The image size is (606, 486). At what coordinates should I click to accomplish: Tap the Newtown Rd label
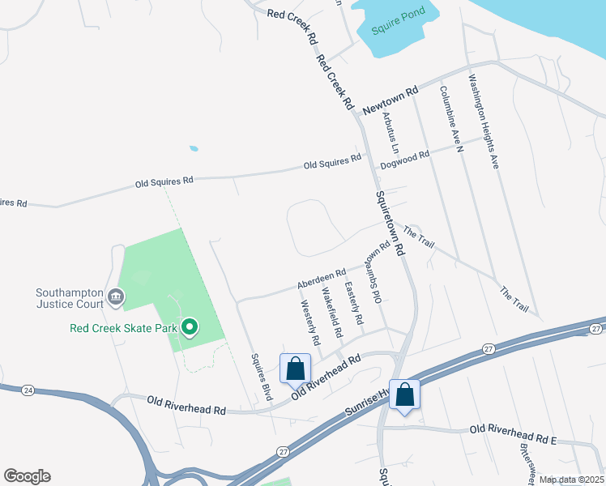390,99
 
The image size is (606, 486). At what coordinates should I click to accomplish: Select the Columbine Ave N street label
450,118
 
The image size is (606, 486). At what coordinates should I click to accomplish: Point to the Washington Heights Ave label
484,122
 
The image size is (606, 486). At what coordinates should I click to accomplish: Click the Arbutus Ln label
390,132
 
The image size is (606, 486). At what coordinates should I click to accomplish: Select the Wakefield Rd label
331,312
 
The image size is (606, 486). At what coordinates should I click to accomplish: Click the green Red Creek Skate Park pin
190,327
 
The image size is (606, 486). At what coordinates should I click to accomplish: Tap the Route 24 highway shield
28,390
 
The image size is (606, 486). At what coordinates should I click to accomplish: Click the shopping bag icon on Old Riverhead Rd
295,368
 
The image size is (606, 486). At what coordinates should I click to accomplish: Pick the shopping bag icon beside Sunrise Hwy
404,394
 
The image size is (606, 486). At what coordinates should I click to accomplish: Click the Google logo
27,476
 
